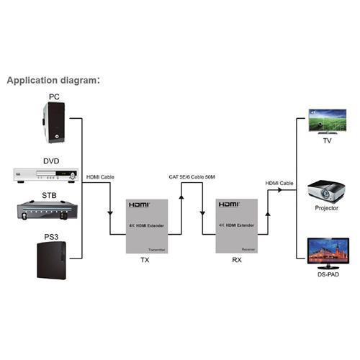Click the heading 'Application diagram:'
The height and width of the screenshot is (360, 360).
tap(53, 80)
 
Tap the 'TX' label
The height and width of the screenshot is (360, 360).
tap(143, 264)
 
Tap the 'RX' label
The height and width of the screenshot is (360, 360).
tap(237, 264)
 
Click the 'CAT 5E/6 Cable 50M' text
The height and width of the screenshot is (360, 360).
tap(192, 176)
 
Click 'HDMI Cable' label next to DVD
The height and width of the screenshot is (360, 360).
tap(100, 176)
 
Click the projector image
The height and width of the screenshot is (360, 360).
tap(325, 190)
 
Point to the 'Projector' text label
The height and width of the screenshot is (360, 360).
tap(326, 208)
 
